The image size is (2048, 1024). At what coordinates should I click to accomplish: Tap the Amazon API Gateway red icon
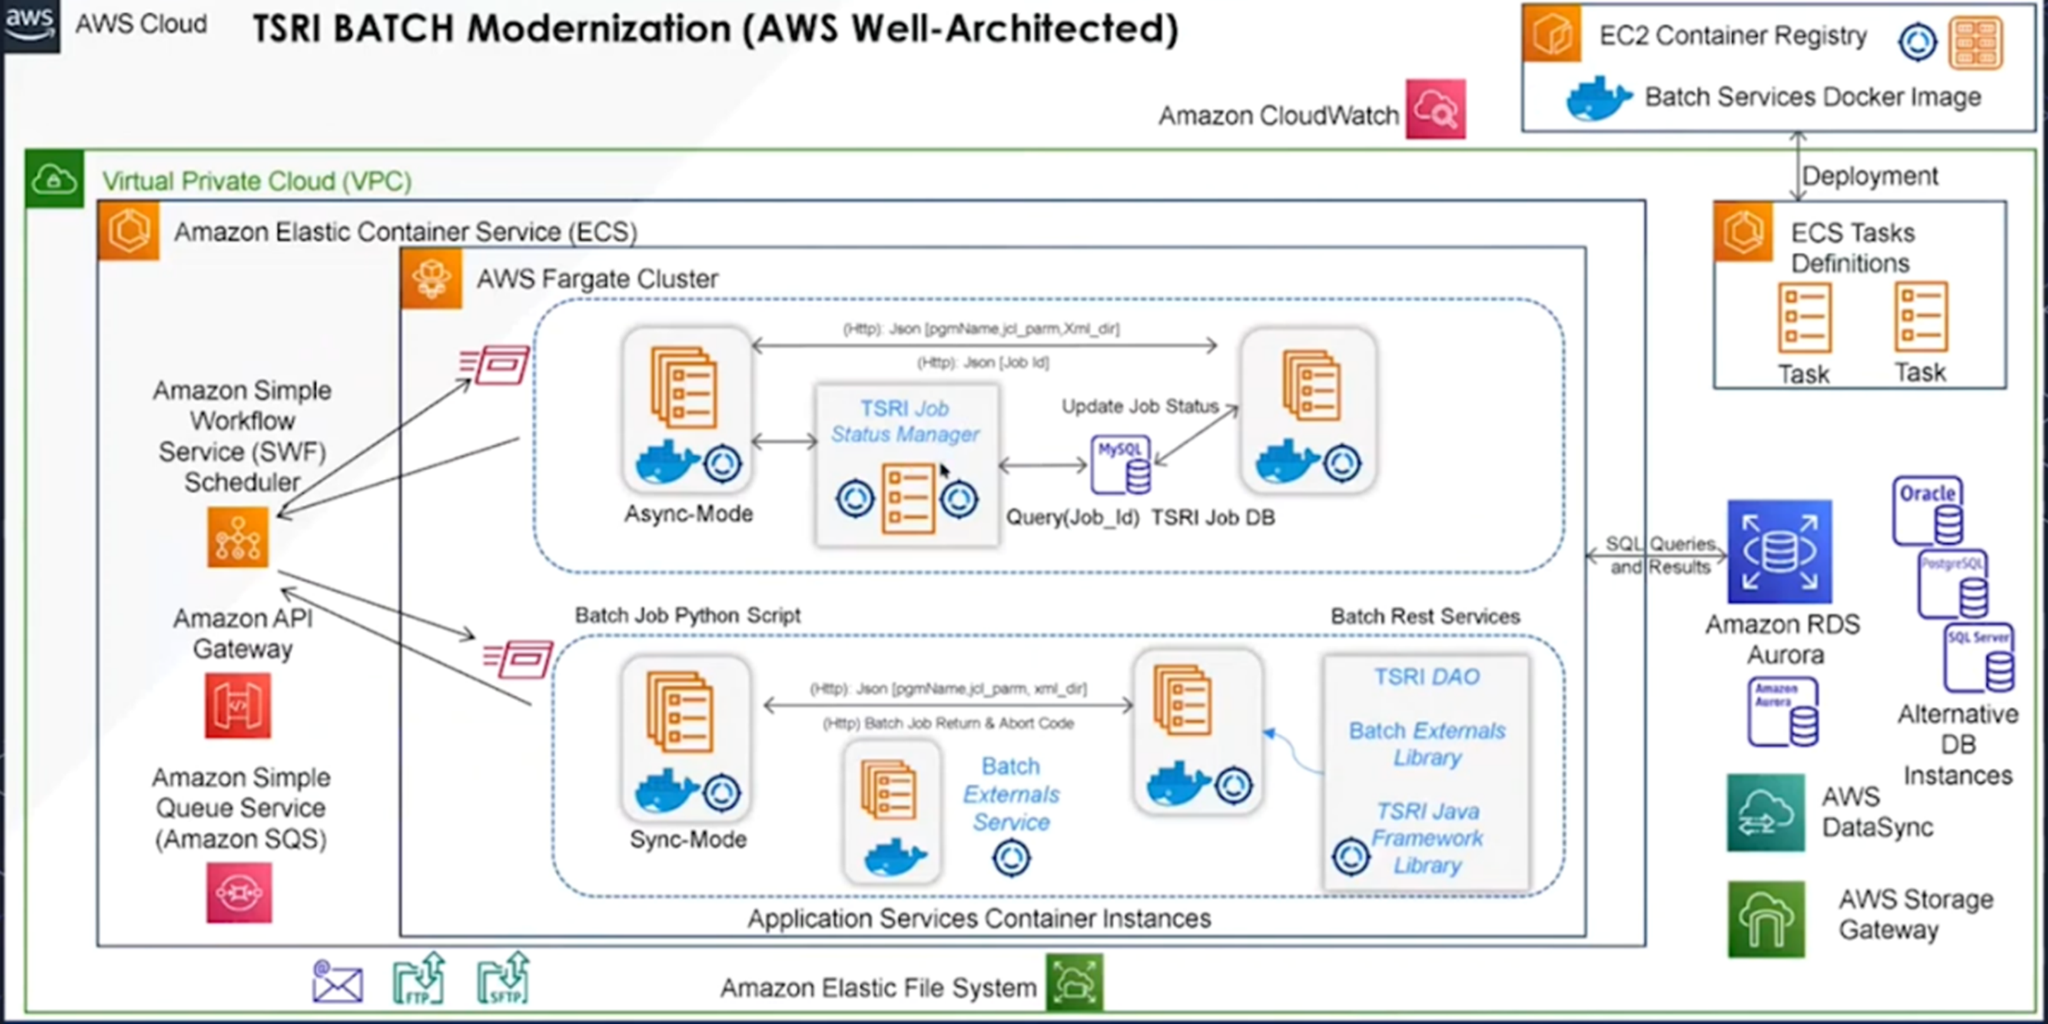tap(237, 705)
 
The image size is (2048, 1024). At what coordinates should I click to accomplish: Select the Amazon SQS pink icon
tap(239, 893)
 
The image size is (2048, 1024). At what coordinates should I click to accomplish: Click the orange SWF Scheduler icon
tap(237, 538)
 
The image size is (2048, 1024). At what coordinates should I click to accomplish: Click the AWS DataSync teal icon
tap(1765, 812)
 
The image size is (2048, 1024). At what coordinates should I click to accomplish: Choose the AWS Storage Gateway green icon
tap(1766, 919)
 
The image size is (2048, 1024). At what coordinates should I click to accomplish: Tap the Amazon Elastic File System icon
tap(1074, 983)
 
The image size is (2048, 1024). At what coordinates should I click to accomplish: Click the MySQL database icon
tap(1120, 464)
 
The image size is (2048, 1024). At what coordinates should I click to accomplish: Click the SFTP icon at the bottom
tap(503, 979)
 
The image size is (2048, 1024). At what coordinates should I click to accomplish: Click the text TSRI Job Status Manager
tap(905, 421)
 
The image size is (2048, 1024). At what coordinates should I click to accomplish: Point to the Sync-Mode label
tap(688, 840)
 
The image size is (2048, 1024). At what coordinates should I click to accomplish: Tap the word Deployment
tap(1869, 176)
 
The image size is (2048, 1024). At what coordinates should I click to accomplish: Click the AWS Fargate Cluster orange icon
tap(432, 279)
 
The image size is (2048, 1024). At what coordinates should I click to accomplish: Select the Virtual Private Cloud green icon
tap(54, 179)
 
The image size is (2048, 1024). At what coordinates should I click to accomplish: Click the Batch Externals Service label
tap(1010, 793)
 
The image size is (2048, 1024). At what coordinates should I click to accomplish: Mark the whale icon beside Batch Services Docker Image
tap(1598, 98)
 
